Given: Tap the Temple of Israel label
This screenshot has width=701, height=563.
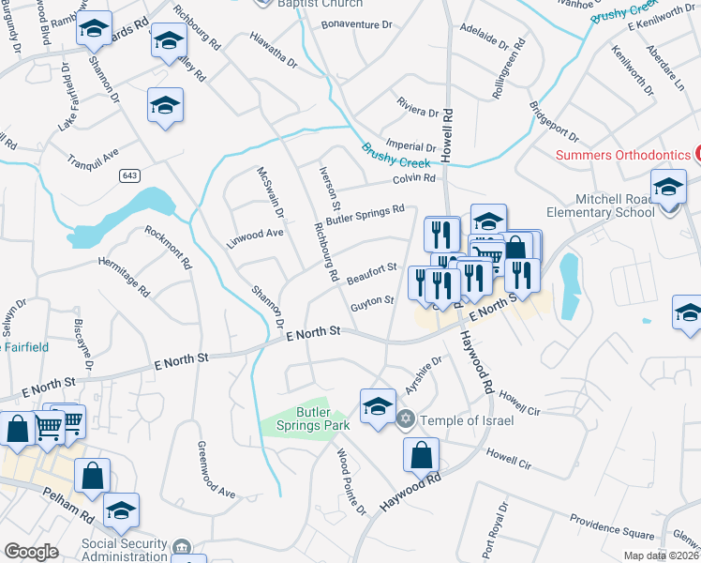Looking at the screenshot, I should (x=467, y=419).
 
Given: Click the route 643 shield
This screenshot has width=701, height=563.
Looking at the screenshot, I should (x=129, y=175).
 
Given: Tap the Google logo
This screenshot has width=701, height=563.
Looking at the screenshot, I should (x=31, y=552).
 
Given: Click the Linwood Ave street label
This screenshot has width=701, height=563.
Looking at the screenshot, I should (x=255, y=233).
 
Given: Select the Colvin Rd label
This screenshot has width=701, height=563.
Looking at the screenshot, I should (x=415, y=178).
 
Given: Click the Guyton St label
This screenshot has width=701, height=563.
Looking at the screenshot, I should (x=372, y=304).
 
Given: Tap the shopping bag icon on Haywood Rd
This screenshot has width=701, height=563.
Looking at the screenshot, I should (x=421, y=455).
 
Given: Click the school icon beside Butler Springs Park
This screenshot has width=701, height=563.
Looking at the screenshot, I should (x=378, y=405).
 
